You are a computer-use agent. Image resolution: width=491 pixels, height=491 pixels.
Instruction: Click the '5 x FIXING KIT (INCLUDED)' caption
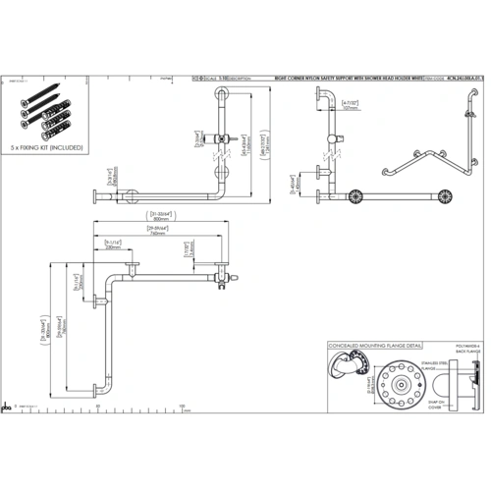(x=47, y=146)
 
